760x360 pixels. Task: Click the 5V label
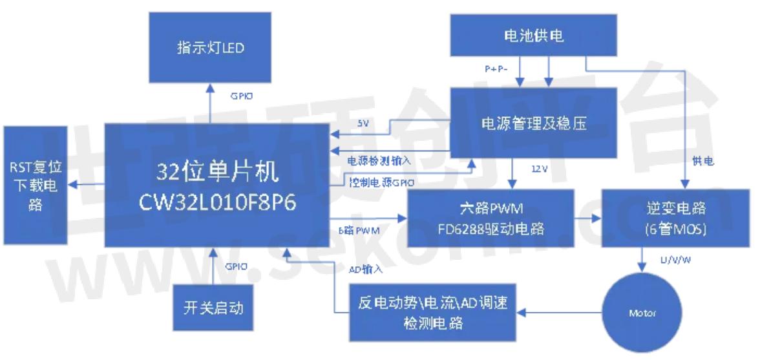(x=363, y=123)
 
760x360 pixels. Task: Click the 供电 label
(x=703, y=161)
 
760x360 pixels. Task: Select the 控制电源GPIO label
(x=381, y=182)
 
